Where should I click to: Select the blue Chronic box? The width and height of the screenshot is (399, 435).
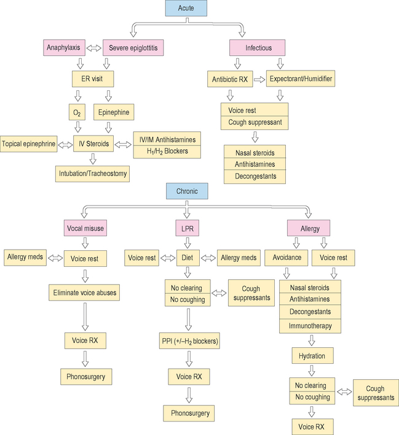pyautogui.click(x=187, y=191)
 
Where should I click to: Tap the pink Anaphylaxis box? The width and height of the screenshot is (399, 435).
pyautogui.click(x=62, y=47)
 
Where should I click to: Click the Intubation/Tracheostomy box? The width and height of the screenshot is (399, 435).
pyautogui.click(x=93, y=174)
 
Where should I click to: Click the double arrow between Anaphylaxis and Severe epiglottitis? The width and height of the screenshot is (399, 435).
pyautogui.click(x=94, y=47)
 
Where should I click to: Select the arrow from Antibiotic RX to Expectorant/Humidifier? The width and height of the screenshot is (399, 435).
pyautogui.click(x=259, y=79)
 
